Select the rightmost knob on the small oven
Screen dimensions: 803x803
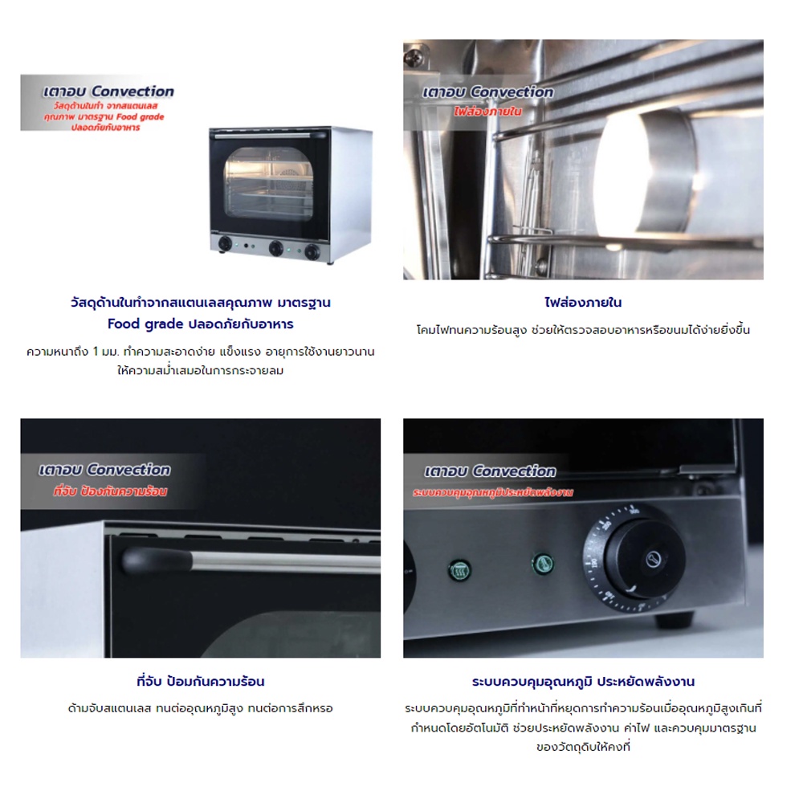tap(312, 251)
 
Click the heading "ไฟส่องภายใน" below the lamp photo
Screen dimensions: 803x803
tap(583, 303)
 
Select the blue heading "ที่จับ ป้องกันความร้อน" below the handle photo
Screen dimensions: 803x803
tap(201, 682)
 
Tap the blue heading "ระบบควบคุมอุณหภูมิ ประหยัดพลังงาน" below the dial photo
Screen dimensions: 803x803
tap(583, 682)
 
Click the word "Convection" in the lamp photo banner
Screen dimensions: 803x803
tap(512, 92)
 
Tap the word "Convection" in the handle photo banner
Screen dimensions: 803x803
tap(128, 470)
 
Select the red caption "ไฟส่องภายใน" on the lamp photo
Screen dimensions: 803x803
tap(488, 112)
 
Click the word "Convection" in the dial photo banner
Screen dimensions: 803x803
tap(514, 471)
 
